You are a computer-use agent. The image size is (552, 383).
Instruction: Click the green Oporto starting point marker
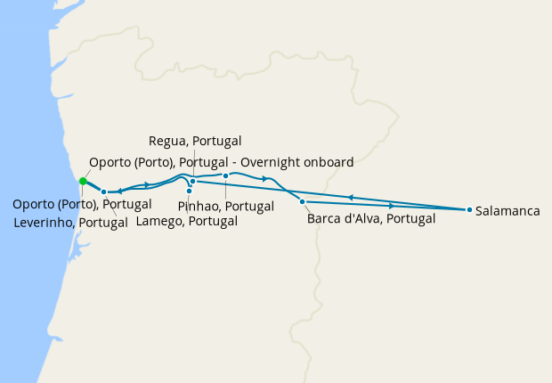click(82, 181)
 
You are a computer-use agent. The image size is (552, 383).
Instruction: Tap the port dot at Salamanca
click(469, 210)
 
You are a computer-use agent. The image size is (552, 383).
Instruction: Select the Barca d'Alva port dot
click(302, 202)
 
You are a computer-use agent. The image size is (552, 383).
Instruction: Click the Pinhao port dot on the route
click(226, 175)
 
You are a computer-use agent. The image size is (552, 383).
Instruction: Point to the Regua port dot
click(192, 181)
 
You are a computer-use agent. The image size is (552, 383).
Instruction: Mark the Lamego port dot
click(189, 191)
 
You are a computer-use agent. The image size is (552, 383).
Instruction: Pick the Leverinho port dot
click(104, 191)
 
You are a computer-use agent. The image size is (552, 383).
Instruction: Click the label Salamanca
click(507, 211)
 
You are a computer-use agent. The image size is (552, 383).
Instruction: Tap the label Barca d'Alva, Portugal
click(370, 218)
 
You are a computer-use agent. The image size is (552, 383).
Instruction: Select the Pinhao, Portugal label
click(226, 206)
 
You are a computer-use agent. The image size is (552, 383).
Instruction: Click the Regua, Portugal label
click(195, 141)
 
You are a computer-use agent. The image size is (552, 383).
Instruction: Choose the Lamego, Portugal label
click(187, 221)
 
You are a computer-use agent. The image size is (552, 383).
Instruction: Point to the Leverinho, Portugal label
click(71, 221)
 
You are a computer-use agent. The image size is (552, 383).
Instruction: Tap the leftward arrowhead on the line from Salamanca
click(351, 197)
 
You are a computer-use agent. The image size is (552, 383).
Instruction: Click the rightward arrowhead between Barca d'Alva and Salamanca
click(392, 206)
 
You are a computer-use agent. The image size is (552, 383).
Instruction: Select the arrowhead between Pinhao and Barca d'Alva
click(264, 179)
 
